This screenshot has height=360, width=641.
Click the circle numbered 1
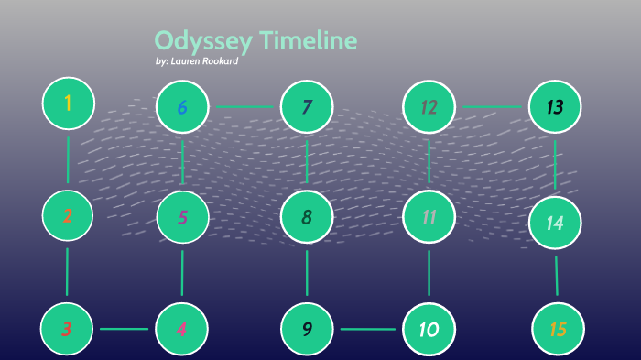pyautogui.click(x=69, y=103)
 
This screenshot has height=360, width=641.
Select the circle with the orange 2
pyautogui.click(x=69, y=216)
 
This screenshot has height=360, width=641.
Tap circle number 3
pyautogui.click(x=67, y=328)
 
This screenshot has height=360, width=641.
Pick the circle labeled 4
pyautogui.click(x=182, y=328)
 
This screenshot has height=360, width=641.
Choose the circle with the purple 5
pyautogui.click(x=182, y=217)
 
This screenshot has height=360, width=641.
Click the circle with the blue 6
pyautogui.click(x=182, y=107)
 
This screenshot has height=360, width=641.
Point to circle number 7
pyautogui.click(x=307, y=107)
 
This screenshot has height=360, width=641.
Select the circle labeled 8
pyautogui.click(x=307, y=217)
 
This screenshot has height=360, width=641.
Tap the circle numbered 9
pyautogui.click(x=307, y=328)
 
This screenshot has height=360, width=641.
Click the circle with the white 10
pyautogui.click(x=429, y=328)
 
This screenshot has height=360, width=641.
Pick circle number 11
pyautogui.click(x=429, y=217)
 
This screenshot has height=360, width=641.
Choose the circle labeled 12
pyautogui.click(x=429, y=107)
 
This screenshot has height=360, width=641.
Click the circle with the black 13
pyautogui.click(x=555, y=107)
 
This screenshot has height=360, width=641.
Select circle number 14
pyautogui.click(x=555, y=223)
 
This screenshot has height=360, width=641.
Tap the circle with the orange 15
pyautogui.click(x=558, y=329)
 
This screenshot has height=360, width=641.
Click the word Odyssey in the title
pyautogui.click(x=203, y=41)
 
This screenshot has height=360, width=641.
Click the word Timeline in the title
pyautogui.click(x=308, y=41)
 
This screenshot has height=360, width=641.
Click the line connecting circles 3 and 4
pyautogui.click(x=125, y=328)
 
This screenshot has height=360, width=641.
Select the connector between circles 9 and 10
pyautogui.click(x=368, y=328)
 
